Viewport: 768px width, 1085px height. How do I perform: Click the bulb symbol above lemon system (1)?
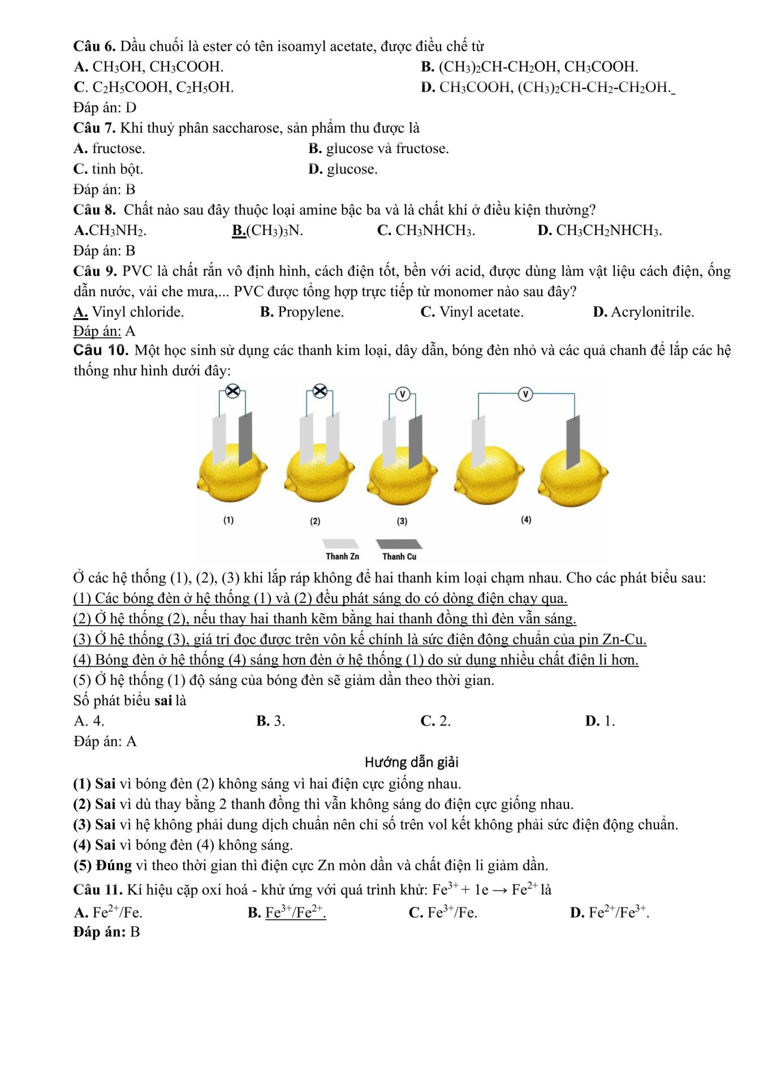tap(232, 390)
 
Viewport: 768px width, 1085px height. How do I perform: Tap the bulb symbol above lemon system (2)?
tap(320, 390)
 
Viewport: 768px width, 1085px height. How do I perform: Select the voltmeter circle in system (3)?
tap(402, 394)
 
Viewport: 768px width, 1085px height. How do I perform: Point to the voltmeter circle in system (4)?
tap(525, 394)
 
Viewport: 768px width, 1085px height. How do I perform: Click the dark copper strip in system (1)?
tap(245, 438)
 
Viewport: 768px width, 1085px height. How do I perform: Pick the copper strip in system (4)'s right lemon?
tap(573, 441)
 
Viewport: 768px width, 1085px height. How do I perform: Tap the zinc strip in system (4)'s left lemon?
tap(478, 441)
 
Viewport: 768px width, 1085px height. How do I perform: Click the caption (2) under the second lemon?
tap(315, 521)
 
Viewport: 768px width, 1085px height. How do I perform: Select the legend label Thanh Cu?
tap(399, 557)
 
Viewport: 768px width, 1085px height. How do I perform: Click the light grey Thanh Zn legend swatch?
tap(340, 544)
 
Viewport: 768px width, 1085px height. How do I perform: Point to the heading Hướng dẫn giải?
tap(411, 762)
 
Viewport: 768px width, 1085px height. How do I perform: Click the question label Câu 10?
tap(101, 350)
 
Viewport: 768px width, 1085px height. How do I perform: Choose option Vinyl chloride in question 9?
tap(137, 312)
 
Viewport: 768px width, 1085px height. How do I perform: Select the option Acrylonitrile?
tap(652, 312)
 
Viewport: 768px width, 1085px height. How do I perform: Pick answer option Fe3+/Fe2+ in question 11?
tap(295, 913)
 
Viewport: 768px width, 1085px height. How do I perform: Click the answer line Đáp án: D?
tap(105, 107)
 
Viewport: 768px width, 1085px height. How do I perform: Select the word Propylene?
tap(310, 312)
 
